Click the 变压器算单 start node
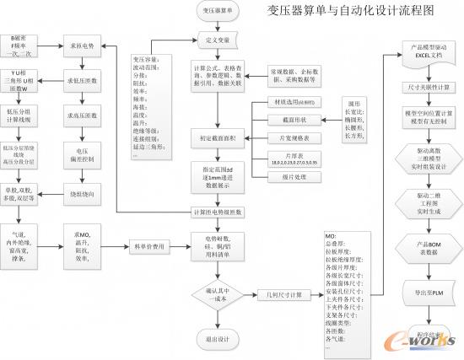pyautogui.click(x=220, y=11)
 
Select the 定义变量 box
pyautogui.click(x=220, y=40)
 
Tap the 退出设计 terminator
pyautogui.click(x=220, y=340)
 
